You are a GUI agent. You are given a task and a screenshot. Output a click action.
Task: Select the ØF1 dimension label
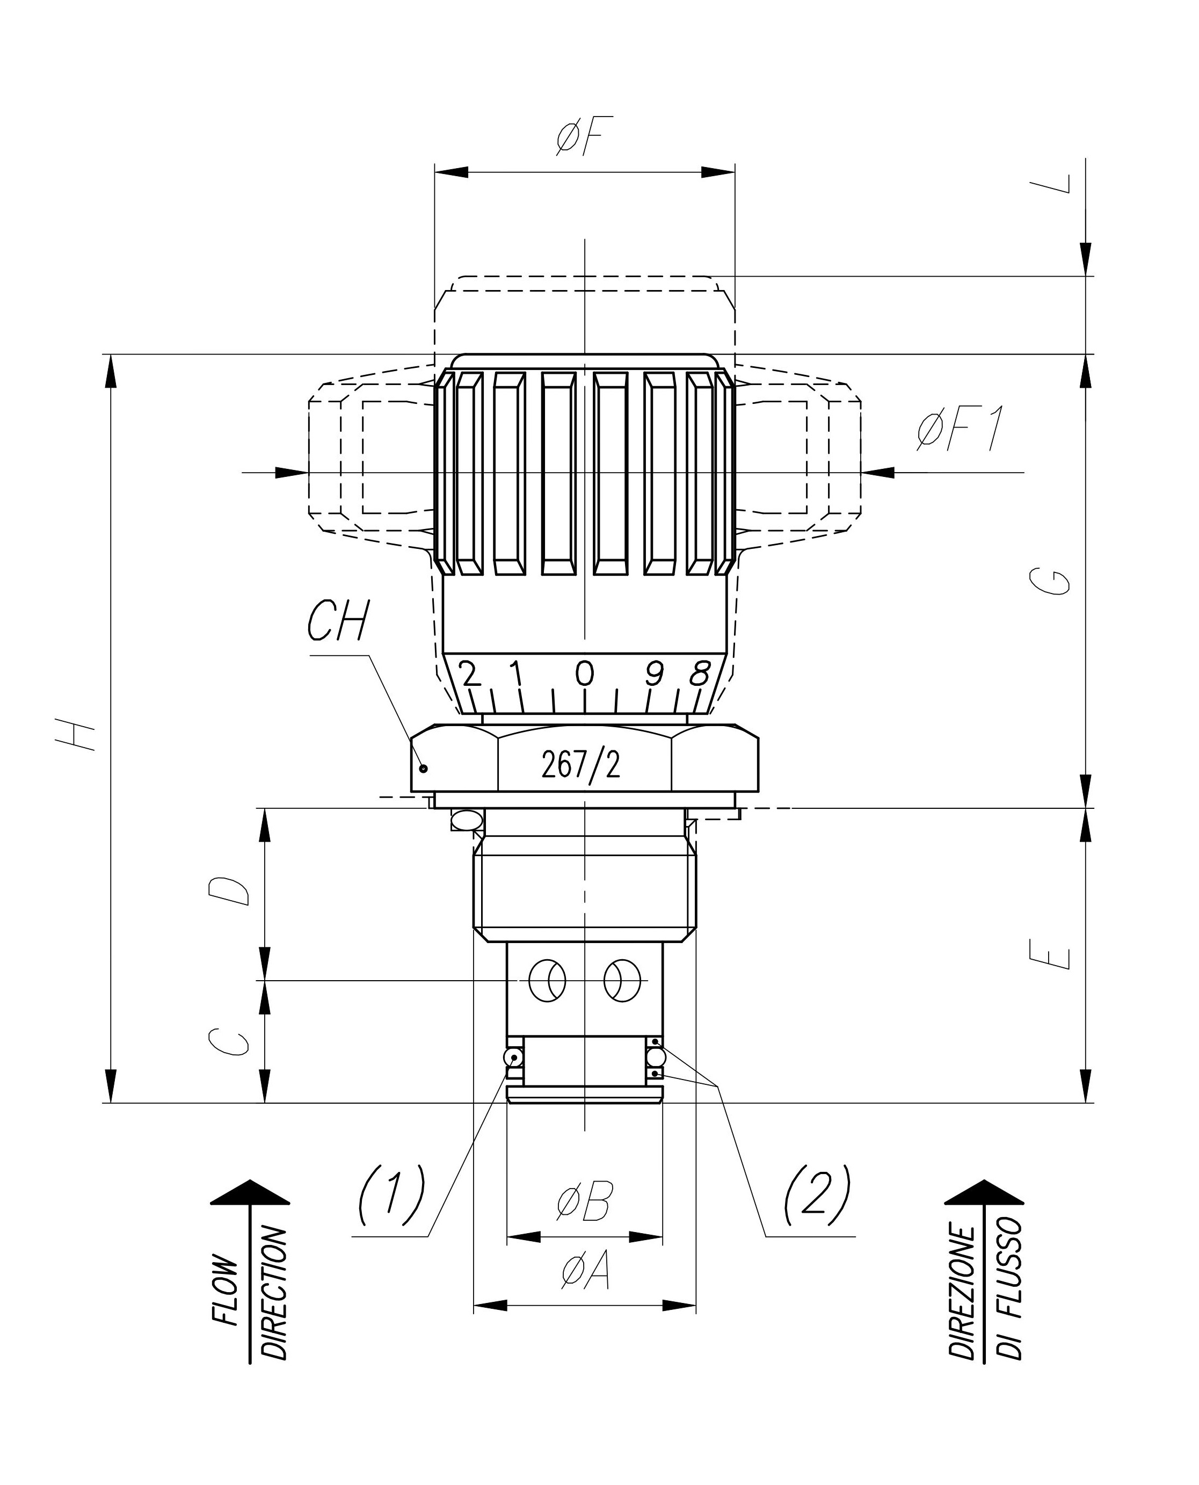click(960, 429)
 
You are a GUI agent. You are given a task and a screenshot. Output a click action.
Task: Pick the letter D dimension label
click(229, 891)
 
